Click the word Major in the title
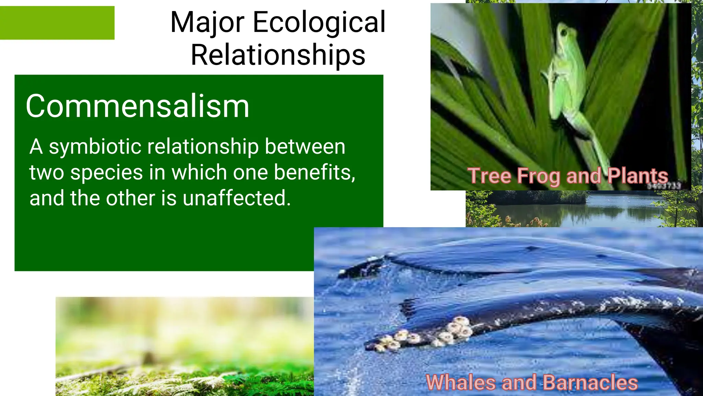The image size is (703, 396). tap(207, 23)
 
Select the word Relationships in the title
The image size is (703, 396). tap(278, 55)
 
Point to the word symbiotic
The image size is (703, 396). tap(95, 147)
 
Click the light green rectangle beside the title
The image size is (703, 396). tap(57, 23)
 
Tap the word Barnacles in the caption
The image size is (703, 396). tap(590, 382)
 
